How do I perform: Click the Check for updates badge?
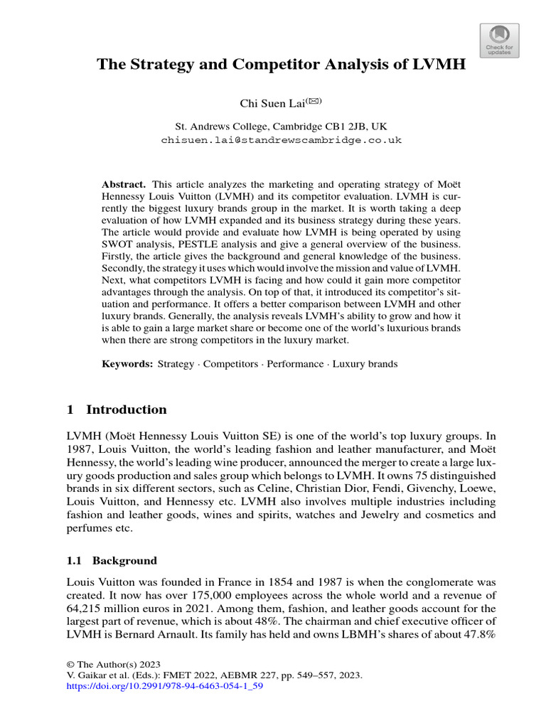[500, 38]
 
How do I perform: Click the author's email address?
[281, 140]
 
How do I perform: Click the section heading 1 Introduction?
[117, 409]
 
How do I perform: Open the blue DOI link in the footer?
[164, 687]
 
